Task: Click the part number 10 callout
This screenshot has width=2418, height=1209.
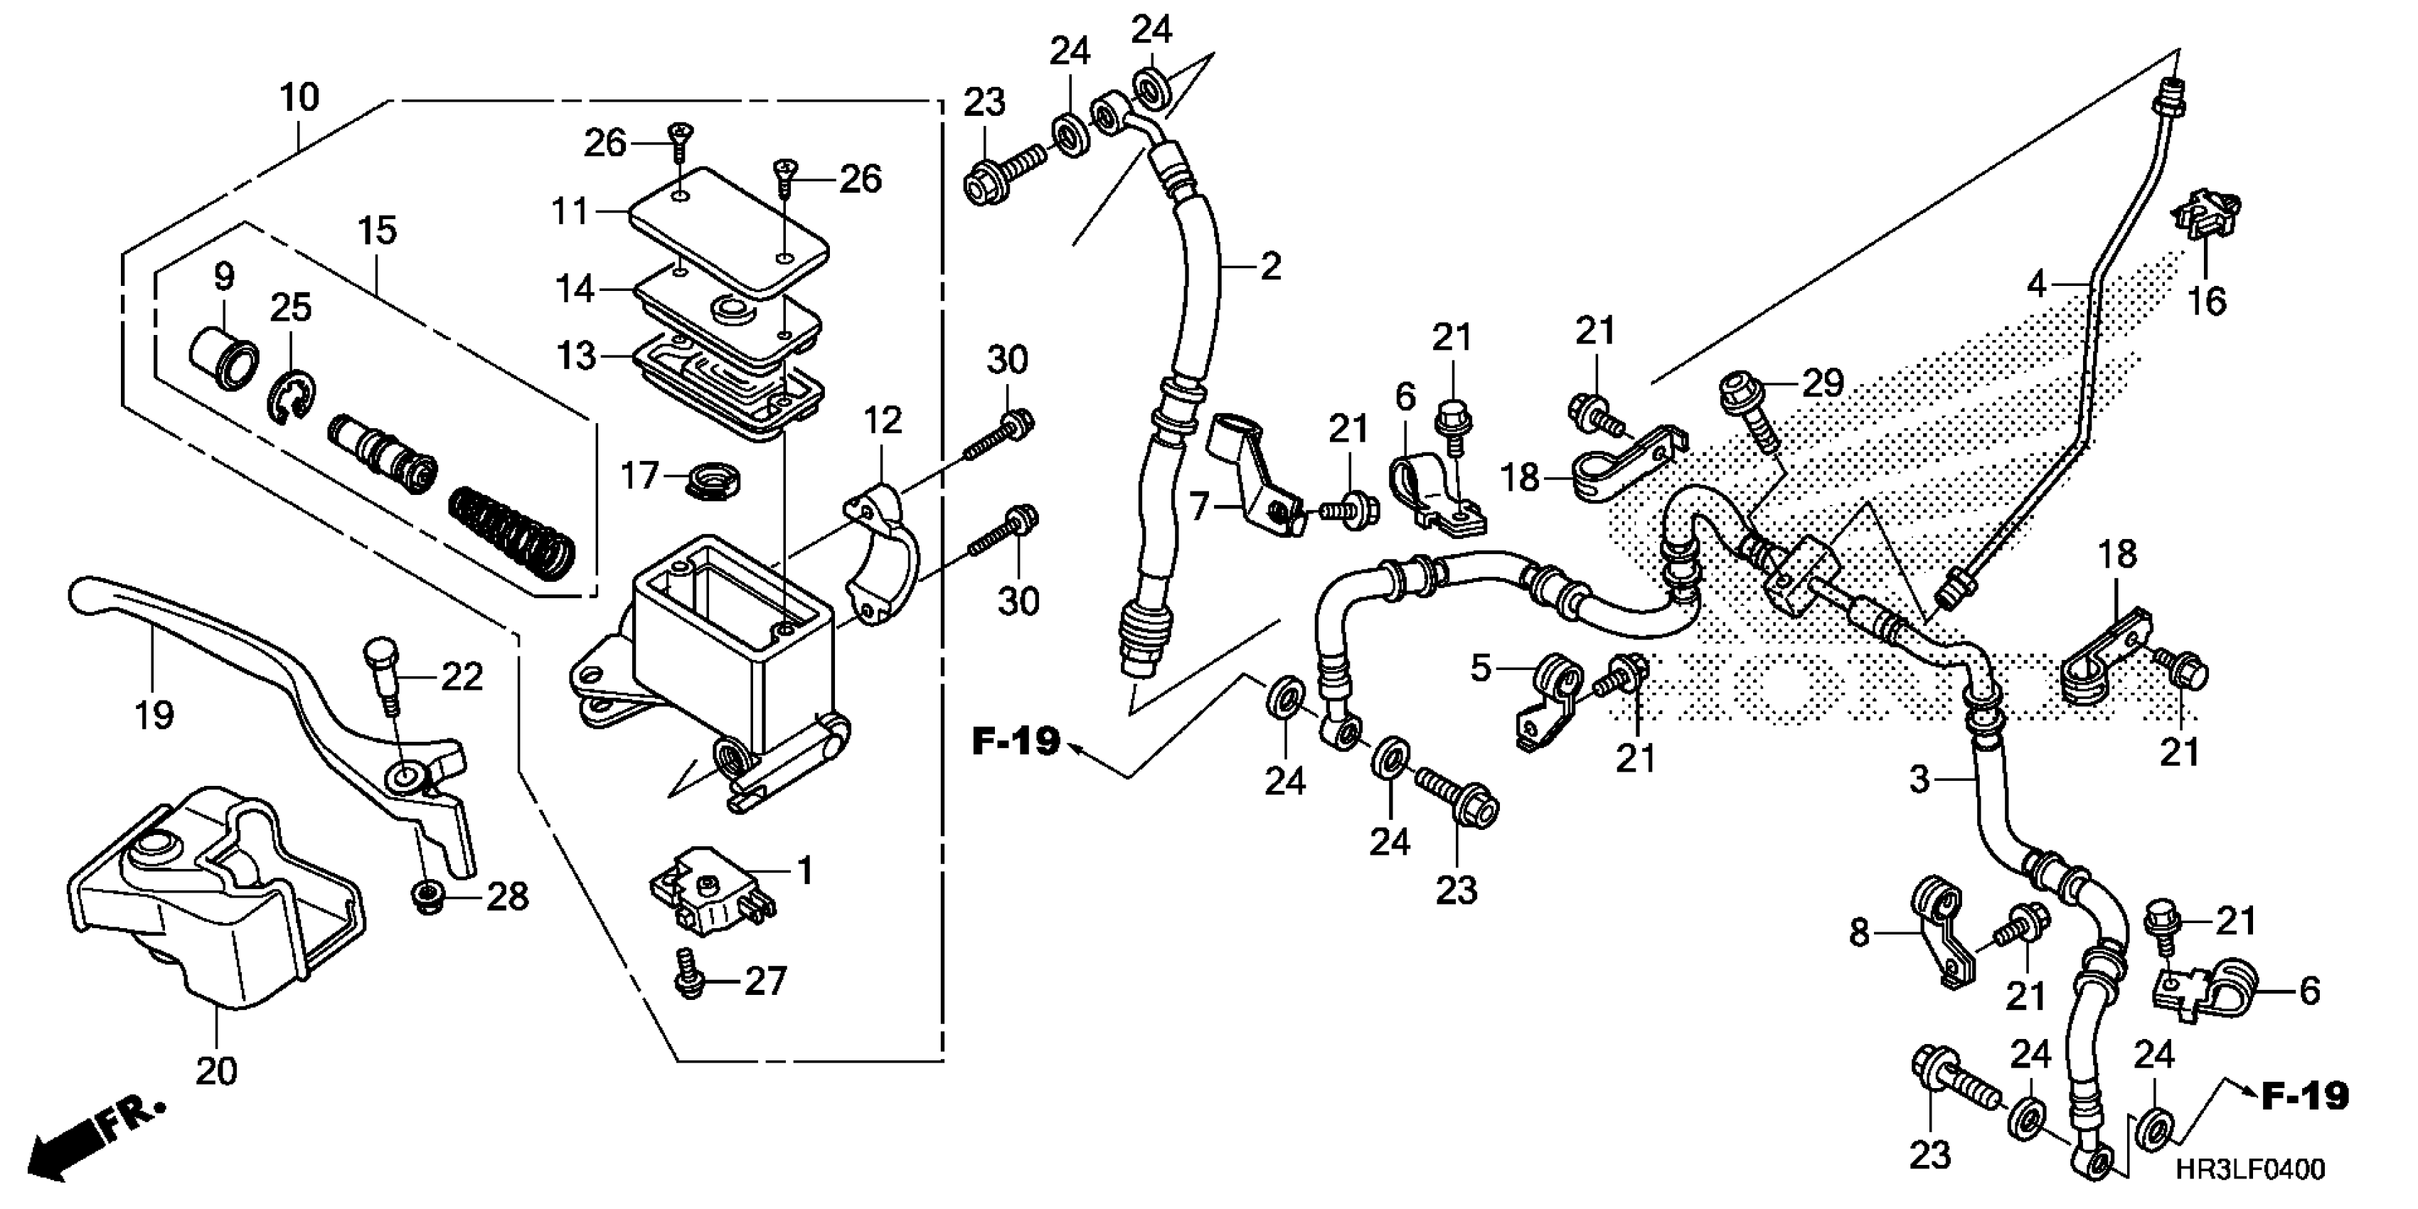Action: click(299, 97)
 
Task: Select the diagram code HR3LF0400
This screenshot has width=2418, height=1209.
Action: click(2251, 1168)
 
